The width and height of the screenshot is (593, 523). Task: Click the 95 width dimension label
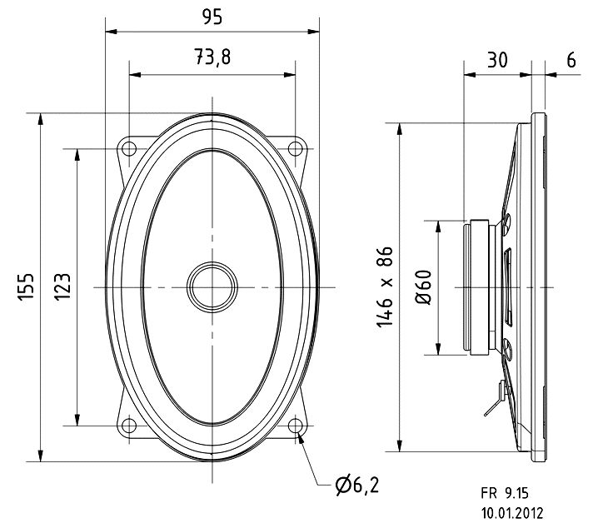[212, 17]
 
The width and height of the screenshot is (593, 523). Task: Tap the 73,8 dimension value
[212, 57]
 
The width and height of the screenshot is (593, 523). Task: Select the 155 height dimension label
[27, 286]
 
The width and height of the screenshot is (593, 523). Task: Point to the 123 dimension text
[62, 286]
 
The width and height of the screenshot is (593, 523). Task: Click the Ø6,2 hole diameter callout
[357, 486]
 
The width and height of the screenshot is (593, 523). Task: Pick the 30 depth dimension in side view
[497, 60]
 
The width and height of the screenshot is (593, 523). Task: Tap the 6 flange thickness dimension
[571, 60]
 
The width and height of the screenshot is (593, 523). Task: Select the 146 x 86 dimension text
[385, 286]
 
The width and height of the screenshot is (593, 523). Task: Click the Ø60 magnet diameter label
[424, 287]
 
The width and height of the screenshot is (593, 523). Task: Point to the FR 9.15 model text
[505, 493]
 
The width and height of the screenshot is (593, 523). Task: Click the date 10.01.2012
[512, 513]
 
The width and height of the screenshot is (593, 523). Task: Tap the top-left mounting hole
[129, 148]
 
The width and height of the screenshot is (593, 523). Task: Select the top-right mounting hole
[296, 148]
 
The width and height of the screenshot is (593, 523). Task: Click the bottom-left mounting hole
[129, 426]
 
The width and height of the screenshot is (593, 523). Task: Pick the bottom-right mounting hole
[296, 426]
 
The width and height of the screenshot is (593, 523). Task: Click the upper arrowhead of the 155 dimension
[41, 120]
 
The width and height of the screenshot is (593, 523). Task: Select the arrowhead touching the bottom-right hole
[301, 438]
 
